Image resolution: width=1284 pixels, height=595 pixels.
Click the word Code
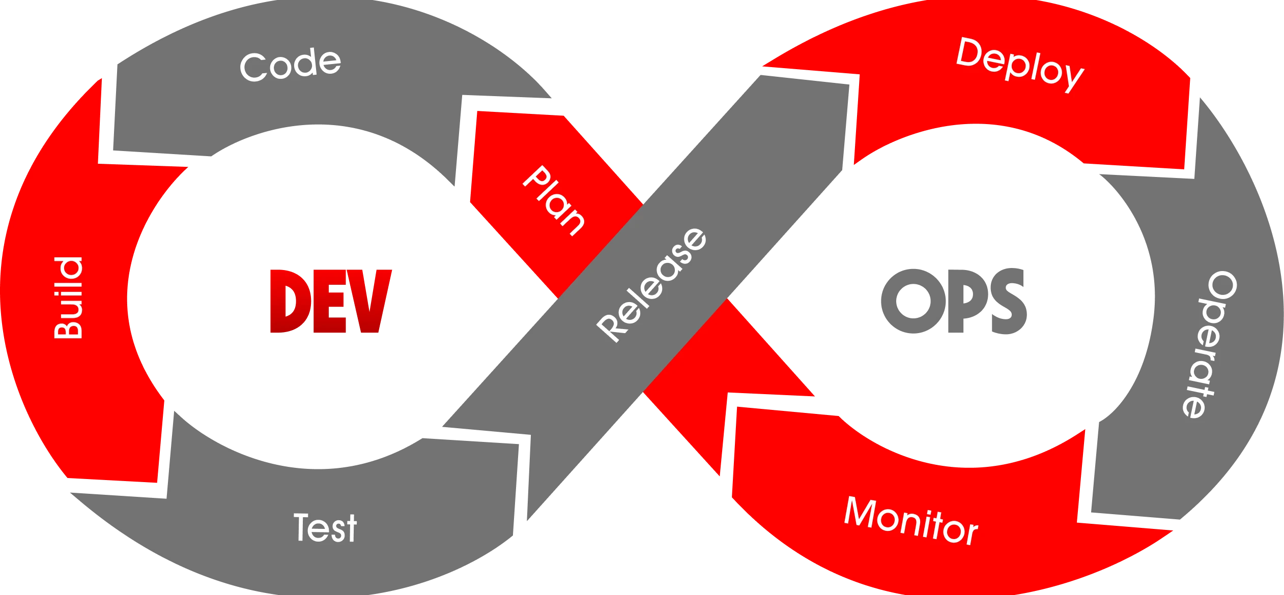tap(290, 66)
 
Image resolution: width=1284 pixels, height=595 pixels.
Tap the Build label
tap(69, 298)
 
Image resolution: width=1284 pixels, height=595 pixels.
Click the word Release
tap(652, 285)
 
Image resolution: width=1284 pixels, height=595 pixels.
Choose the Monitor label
tap(910, 522)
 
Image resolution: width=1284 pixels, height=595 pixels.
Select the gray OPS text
tap(954, 301)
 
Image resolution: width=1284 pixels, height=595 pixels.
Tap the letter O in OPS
tap(905, 301)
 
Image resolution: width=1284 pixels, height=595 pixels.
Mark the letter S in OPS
tap(1005, 301)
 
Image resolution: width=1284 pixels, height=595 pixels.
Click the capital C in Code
tap(253, 68)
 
